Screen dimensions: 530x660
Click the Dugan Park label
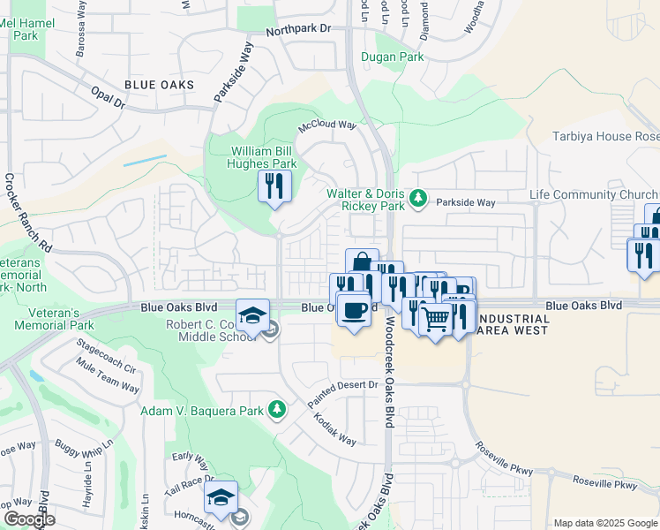coord(392,57)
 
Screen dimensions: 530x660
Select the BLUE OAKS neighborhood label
coord(159,85)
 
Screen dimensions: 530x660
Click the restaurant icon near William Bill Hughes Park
coord(274,185)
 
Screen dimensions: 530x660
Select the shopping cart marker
coord(436,320)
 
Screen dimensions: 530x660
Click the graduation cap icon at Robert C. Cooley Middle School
coord(252,314)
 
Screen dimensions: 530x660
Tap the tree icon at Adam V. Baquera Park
coord(277,408)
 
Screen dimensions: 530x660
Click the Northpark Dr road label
coord(299,29)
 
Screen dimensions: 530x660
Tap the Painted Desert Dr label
coord(343,393)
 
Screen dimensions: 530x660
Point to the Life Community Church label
coord(593,195)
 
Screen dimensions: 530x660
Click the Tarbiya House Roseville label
coord(604,136)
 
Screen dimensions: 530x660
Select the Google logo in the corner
coord(28,519)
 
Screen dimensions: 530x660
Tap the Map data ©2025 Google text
coord(605,523)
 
